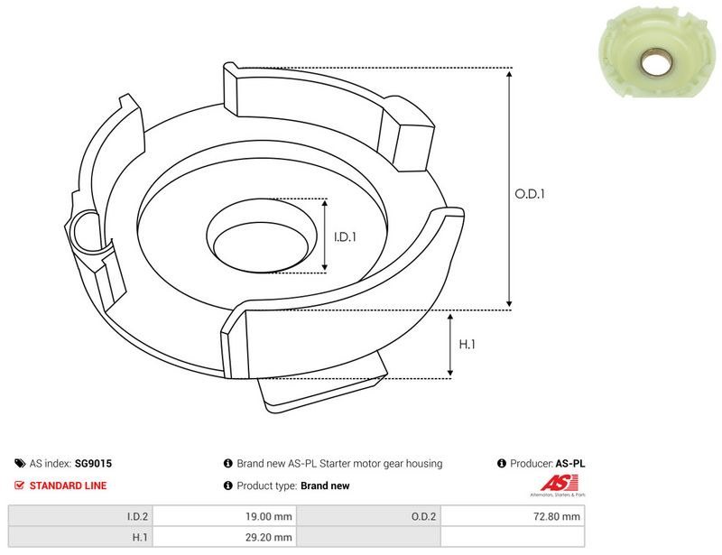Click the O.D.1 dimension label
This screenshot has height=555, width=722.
(x=530, y=194)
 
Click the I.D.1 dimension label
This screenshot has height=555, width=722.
(x=345, y=236)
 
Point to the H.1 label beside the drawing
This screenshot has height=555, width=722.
(x=467, y=344)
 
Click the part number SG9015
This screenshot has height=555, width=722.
(x=93, y=463)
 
